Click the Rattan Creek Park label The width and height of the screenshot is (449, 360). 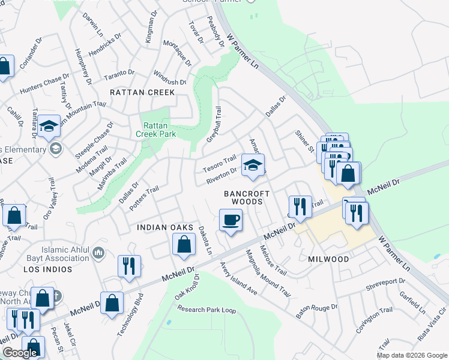point(160,130)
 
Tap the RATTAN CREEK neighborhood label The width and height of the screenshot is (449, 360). point(142,92)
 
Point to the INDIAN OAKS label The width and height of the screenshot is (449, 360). point(164,227)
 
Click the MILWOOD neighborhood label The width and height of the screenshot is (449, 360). point(328,259)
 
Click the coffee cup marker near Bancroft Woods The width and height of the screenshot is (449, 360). point(231,220)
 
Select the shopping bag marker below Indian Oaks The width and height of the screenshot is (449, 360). point(184,244)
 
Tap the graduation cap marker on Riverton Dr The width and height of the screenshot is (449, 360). point(253,164)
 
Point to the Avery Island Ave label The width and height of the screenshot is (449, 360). point(238,278)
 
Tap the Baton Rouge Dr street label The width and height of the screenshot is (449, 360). point(317,311)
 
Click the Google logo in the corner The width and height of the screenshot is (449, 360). point(20,353)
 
